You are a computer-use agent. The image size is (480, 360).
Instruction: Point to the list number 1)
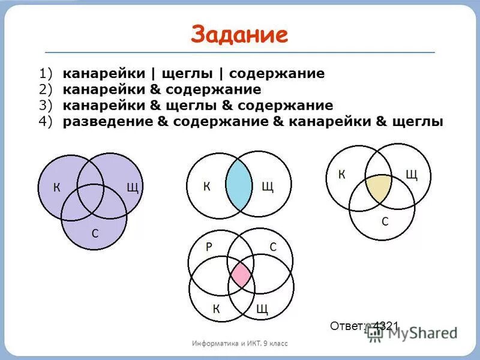46,74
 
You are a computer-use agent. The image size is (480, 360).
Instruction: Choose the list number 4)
46,122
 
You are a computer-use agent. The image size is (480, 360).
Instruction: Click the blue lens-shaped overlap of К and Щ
239,184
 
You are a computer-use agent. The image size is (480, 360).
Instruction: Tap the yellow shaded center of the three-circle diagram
379,188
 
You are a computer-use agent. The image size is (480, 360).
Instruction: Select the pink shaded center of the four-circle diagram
241,275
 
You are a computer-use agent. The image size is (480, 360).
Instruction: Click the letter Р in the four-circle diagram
209,247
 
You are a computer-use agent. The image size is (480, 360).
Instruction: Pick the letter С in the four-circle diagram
272,247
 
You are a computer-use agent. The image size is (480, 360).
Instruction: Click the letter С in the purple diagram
95,233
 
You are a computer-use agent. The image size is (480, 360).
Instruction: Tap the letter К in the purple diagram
56,187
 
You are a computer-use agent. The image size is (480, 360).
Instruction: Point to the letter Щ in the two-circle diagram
267,187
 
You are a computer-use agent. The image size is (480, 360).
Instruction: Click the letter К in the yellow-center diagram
342,175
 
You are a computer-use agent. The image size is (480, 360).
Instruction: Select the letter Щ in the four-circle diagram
262,309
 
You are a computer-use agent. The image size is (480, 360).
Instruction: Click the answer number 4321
385,326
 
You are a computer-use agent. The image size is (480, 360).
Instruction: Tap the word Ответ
347,326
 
